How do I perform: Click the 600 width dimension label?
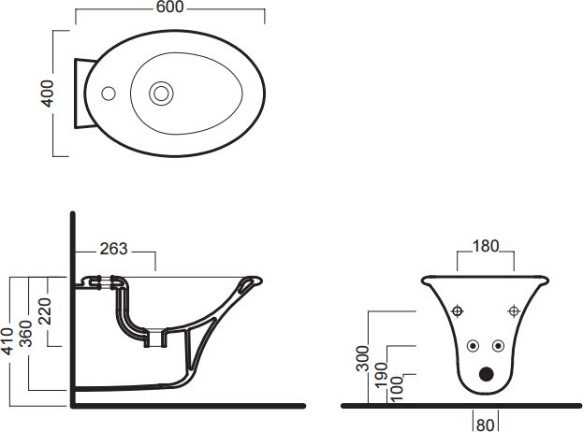coord(169,7)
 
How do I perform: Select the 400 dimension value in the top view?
coord(47,94)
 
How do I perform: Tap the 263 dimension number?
coord(114,249)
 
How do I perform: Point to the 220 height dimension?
coord(45,311)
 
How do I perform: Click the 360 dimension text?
coord(26,334)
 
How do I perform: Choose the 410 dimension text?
coord(7,341)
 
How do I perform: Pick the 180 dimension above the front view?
coord(486,246)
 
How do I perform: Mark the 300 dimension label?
coord(362,358)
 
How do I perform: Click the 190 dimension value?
coord(382,374)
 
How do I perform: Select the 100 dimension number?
coord(398,389)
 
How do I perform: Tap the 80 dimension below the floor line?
coord(486,425)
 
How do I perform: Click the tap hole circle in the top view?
coord(109,94)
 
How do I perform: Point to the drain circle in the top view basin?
coord(161,94)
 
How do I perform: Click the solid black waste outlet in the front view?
coord(486,374)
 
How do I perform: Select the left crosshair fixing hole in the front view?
coord(458,310)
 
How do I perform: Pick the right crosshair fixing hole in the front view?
coord(514,310)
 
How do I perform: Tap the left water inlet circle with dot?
coord(473,346)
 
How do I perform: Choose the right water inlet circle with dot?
coord(498,346)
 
